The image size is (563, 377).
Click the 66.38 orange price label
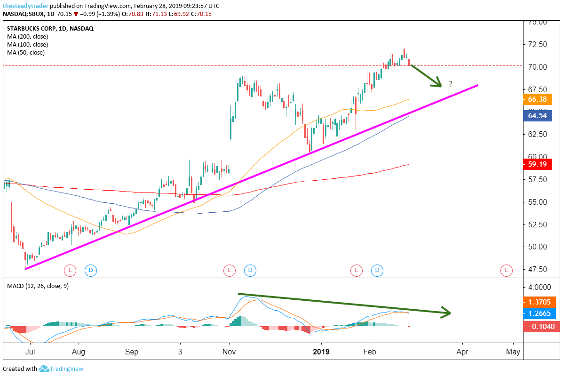click(537, 99)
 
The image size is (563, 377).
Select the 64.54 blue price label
click(537, 115)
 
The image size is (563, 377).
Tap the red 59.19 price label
click(537, 165)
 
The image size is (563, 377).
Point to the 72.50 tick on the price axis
click(537, 44)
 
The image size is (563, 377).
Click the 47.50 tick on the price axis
click(537, 269)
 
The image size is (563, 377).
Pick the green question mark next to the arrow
click(450, 84)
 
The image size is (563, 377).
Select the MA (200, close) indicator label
click(27, 36)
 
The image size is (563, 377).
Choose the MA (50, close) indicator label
click(26, 52)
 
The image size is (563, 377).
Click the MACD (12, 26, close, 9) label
click(38, 286)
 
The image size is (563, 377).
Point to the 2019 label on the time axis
click(322, 352)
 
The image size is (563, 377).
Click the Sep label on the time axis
click(132, 352)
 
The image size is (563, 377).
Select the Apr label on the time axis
click(462, 352)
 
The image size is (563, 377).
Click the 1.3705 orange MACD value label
click(537, 302)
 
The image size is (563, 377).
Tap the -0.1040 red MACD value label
click(537, 326)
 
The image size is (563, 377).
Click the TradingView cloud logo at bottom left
click(44, 369)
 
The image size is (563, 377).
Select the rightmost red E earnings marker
click(506, 270)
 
